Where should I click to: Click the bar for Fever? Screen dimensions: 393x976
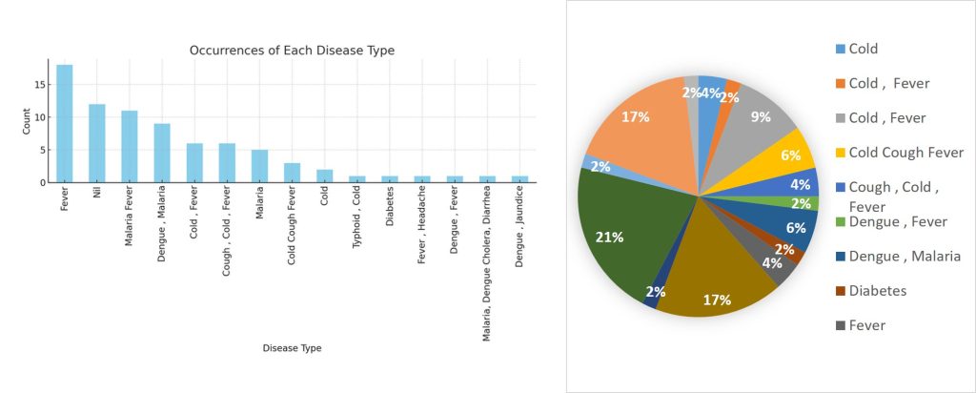(x=64, y=123)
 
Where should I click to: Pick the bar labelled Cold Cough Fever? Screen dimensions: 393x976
(x=292, y=173)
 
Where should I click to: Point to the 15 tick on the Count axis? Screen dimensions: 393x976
(x=37, y=85)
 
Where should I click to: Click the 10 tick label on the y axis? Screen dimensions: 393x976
(x=37, y=117)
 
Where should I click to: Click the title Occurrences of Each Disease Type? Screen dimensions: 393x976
(x=292, y=50)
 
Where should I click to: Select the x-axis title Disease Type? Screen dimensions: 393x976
(x=292, y=348)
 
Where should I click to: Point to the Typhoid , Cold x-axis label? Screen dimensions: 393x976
(x=357, y=213)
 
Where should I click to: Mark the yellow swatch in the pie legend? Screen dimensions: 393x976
(x=840, y=153)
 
